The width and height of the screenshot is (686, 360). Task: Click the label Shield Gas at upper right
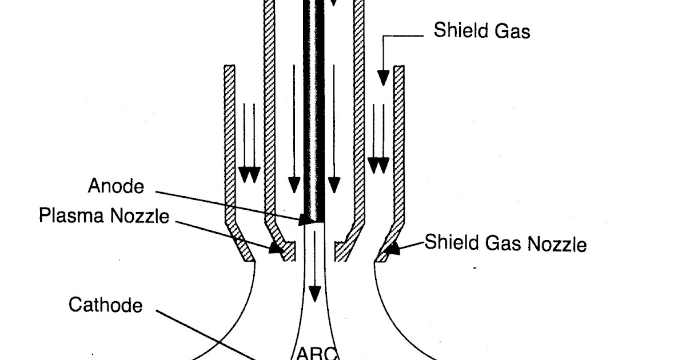point(481,30)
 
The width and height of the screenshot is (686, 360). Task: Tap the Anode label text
point(116,186)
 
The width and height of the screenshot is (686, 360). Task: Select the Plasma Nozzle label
point(104,216)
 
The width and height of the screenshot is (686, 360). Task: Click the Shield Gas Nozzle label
point(505,244)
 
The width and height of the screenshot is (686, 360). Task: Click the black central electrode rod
point(314,114)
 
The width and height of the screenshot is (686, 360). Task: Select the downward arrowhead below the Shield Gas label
point(383,78)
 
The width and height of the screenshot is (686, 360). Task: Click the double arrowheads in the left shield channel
point(249,174)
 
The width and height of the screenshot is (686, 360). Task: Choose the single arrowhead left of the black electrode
point(294,185)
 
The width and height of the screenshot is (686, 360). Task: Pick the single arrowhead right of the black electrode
point(334,185)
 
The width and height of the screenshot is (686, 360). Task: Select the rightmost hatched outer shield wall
point(399,143)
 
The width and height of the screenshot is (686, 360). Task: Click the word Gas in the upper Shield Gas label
point(512,31)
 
